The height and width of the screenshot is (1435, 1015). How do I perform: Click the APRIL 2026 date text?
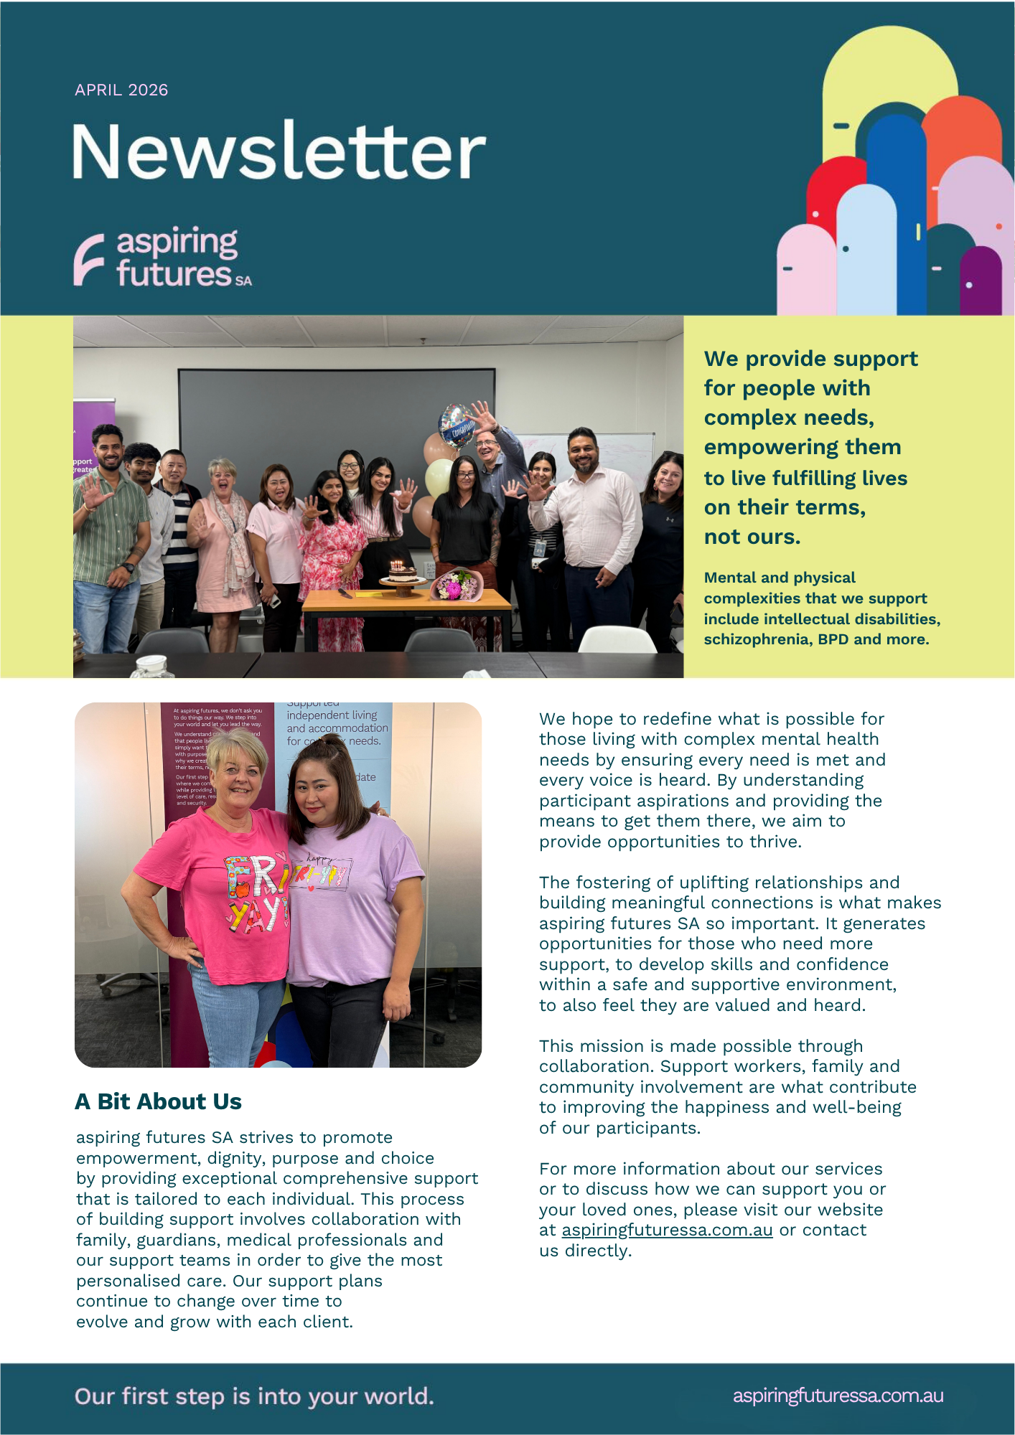tap(121, 90)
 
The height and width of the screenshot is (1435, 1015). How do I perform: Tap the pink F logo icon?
tap(89, 259)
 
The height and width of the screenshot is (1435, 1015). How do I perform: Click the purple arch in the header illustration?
tap(981, 280)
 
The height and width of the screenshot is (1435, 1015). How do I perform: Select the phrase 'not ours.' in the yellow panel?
tap(752, 537)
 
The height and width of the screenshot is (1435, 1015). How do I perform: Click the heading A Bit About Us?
tap(158, 1101)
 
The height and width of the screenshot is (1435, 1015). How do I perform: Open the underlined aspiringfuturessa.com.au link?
tap(667, 1230)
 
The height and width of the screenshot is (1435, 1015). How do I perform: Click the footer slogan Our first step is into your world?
tap(254, 1396)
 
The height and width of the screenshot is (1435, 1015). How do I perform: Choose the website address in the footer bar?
tap(838, 1396)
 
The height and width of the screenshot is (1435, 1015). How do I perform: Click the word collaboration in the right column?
tap(594, 1066)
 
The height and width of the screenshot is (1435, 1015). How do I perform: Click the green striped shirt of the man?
tap(109, 531)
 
